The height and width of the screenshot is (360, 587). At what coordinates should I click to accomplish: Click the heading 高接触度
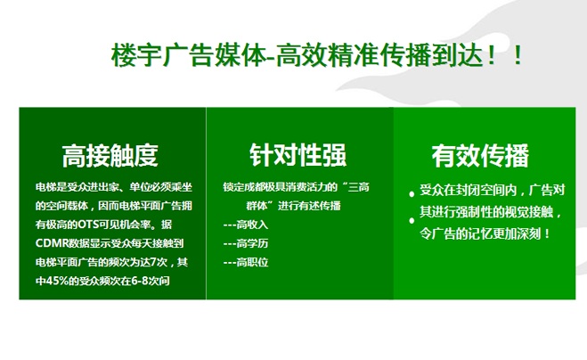pos(110,155)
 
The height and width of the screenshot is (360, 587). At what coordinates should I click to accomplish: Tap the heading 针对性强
pos(298,155)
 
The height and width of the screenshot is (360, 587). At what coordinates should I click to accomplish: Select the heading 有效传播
pos(480,155)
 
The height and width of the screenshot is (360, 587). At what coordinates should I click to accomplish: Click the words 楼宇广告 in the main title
pos(162,56)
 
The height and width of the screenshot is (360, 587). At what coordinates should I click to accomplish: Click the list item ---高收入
pos(246,225)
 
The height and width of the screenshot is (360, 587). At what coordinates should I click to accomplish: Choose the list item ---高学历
pos(246,243)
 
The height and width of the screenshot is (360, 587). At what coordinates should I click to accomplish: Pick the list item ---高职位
pos(246,262)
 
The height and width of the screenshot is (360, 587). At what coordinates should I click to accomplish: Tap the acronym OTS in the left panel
pos(88,225)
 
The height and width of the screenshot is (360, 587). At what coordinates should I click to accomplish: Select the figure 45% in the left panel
pos(57,281)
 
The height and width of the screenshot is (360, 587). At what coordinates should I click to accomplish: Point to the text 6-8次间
pos(151,281)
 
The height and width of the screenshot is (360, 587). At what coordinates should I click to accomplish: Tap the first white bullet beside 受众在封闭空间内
pos(412,194)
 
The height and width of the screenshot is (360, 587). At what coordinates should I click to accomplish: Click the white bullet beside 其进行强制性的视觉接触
pos(412,221)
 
